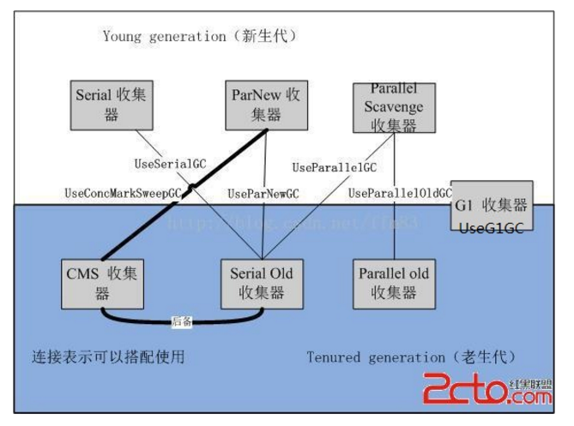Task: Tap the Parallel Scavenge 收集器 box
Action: [394, 107]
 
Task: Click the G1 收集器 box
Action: [492, 207]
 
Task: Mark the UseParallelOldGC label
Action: [400, 194]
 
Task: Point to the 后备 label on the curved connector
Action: [181, 321]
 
